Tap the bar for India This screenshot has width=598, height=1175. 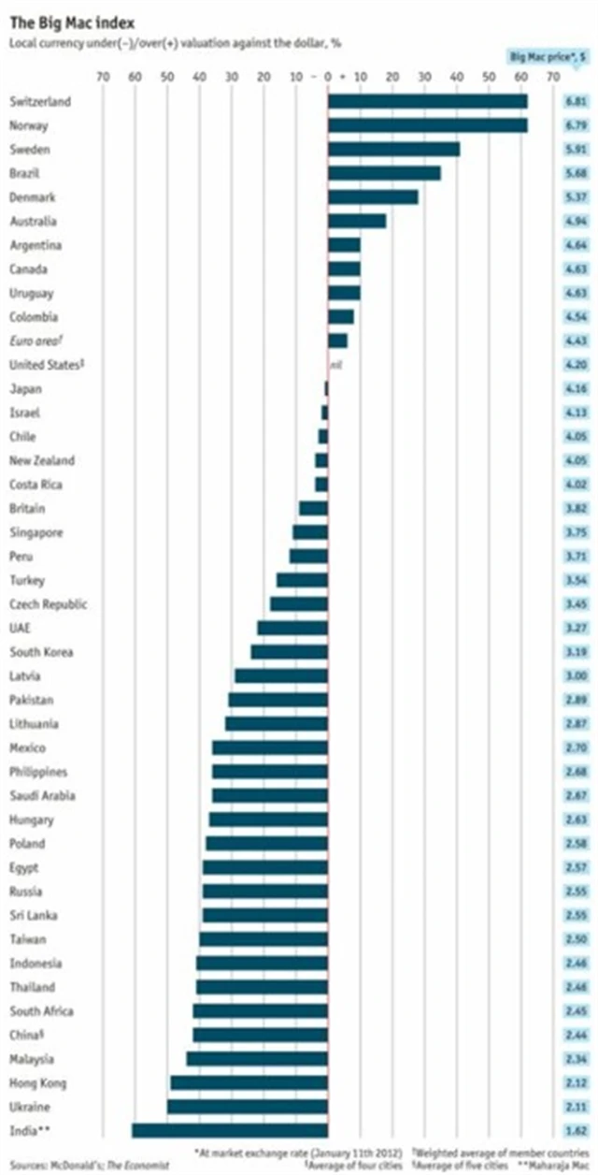tap(230, 1131)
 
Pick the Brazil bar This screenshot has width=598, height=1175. tap(384, 173)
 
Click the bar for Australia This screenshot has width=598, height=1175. tap(357, 222)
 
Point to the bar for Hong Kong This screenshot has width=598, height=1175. tap(249, 1082)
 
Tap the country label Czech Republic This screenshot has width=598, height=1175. tap(49, 604)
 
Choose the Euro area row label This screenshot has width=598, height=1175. tap(37, 341)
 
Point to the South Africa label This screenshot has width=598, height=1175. tap(41, 1011)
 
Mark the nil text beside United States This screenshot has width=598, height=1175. tap(335, 365)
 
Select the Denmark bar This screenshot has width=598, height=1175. tap(373, 197)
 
